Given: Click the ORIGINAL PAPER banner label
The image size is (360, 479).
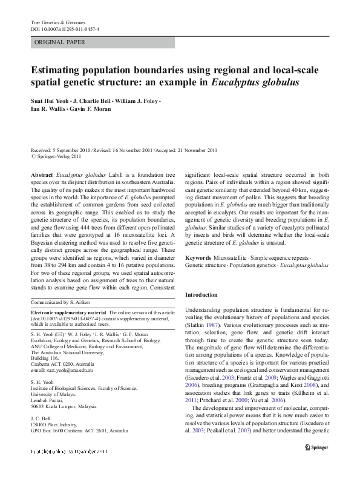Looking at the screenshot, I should click(x=59, y=42).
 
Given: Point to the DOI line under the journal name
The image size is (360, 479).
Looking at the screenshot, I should click(x=65, y=29).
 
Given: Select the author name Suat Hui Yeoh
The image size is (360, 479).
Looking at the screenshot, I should click(x=49, y=101).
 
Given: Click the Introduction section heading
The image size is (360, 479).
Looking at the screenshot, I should click(x=201, y=294).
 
